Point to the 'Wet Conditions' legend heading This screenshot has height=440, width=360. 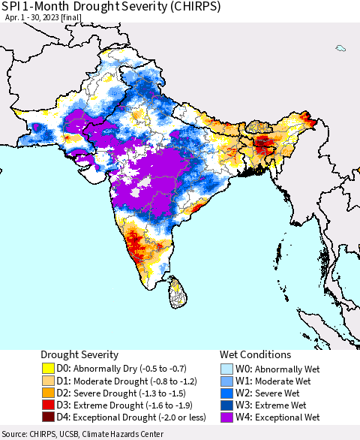click(x=255, y=354)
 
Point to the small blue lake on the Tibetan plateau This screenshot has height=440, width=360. click(x=341, y=49)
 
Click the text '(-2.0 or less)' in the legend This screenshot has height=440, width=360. click(x=170, y=417)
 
